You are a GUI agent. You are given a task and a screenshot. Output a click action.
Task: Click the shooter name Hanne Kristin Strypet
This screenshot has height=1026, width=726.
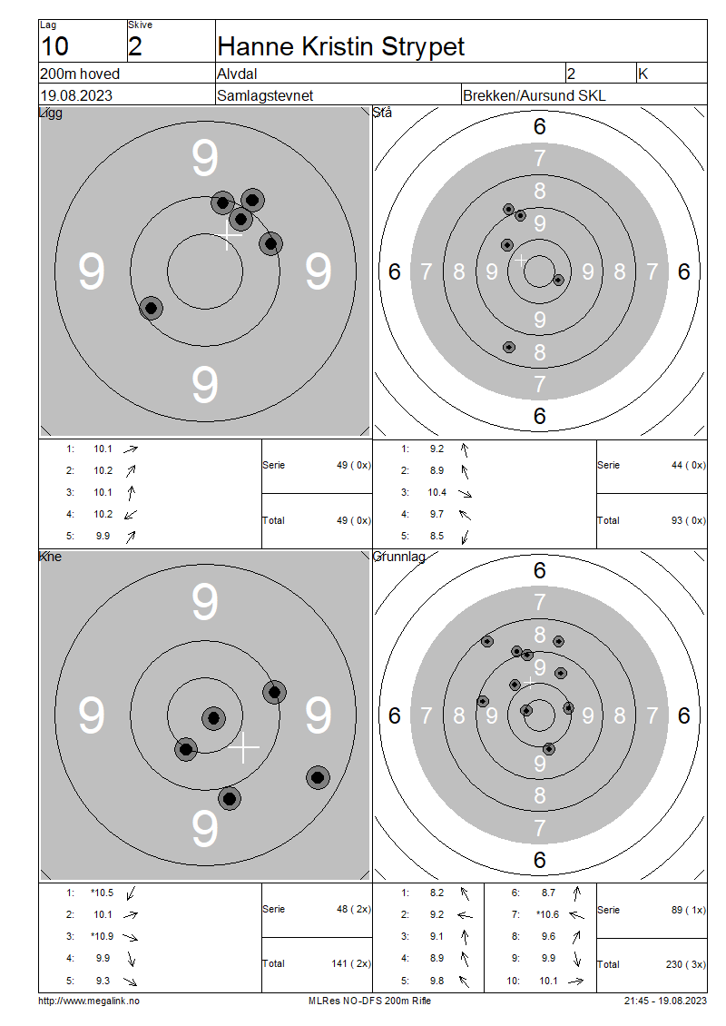pyautogui.click(x=340, y=47)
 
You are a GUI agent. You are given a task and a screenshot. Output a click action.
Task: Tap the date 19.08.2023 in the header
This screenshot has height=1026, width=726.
pyautogui.click(x=76, y=95)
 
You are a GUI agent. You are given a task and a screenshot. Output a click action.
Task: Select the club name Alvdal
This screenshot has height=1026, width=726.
pyautogui.click(x=237, y=74)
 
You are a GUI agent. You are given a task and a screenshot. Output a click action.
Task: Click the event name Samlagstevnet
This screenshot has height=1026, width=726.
pyautogui.click(x=265, y=95)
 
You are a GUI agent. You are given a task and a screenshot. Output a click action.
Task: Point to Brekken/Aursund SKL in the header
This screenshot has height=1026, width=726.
pyautogui.click(x=534, y=95)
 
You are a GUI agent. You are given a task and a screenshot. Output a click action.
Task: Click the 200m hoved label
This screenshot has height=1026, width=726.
pyautogui.click(x=80, y=74)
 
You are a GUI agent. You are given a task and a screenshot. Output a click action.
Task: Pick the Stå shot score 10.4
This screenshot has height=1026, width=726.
pyautogui.click(x=437, y=492)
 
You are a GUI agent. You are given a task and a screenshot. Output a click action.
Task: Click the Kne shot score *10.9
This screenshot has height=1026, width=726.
pyautogui.click(x=102, y=936)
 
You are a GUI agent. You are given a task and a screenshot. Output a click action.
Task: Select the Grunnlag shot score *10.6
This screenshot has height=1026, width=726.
pyautogui.click(x=547, y=914)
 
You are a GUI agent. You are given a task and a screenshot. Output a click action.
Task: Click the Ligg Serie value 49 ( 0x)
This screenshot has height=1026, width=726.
pyautogui.click(x=353, y=465)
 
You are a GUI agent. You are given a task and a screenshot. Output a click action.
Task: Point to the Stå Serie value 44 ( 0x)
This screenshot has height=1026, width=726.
pyautogui.click(x=688, y=465)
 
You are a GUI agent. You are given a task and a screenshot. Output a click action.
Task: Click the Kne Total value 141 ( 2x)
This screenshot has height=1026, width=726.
pyautogui.click(x=351, y=963)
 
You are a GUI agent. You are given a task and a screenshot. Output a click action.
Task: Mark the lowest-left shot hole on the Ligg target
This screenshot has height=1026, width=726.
pyautogui.click(x=151, y=308)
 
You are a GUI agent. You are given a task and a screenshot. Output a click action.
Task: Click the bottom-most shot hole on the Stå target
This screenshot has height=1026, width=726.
pyautogui.click(x=509, y=347)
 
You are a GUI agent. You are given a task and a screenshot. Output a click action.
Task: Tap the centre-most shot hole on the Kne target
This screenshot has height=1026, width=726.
pyautogui.click(x=213, y=718)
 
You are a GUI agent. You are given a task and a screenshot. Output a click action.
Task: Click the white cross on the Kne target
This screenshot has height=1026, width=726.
pyautogui.click(x=243, y=747)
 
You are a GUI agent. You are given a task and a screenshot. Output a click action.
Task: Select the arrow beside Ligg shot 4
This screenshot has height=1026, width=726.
pyautogui.click(x=131, y=514)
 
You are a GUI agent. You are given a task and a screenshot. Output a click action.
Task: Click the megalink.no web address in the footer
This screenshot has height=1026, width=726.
pyautogui.click(x=89, y=1001)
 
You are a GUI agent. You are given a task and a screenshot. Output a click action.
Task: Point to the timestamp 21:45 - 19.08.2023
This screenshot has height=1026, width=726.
pyautogui.click(x=665, y=1001)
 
